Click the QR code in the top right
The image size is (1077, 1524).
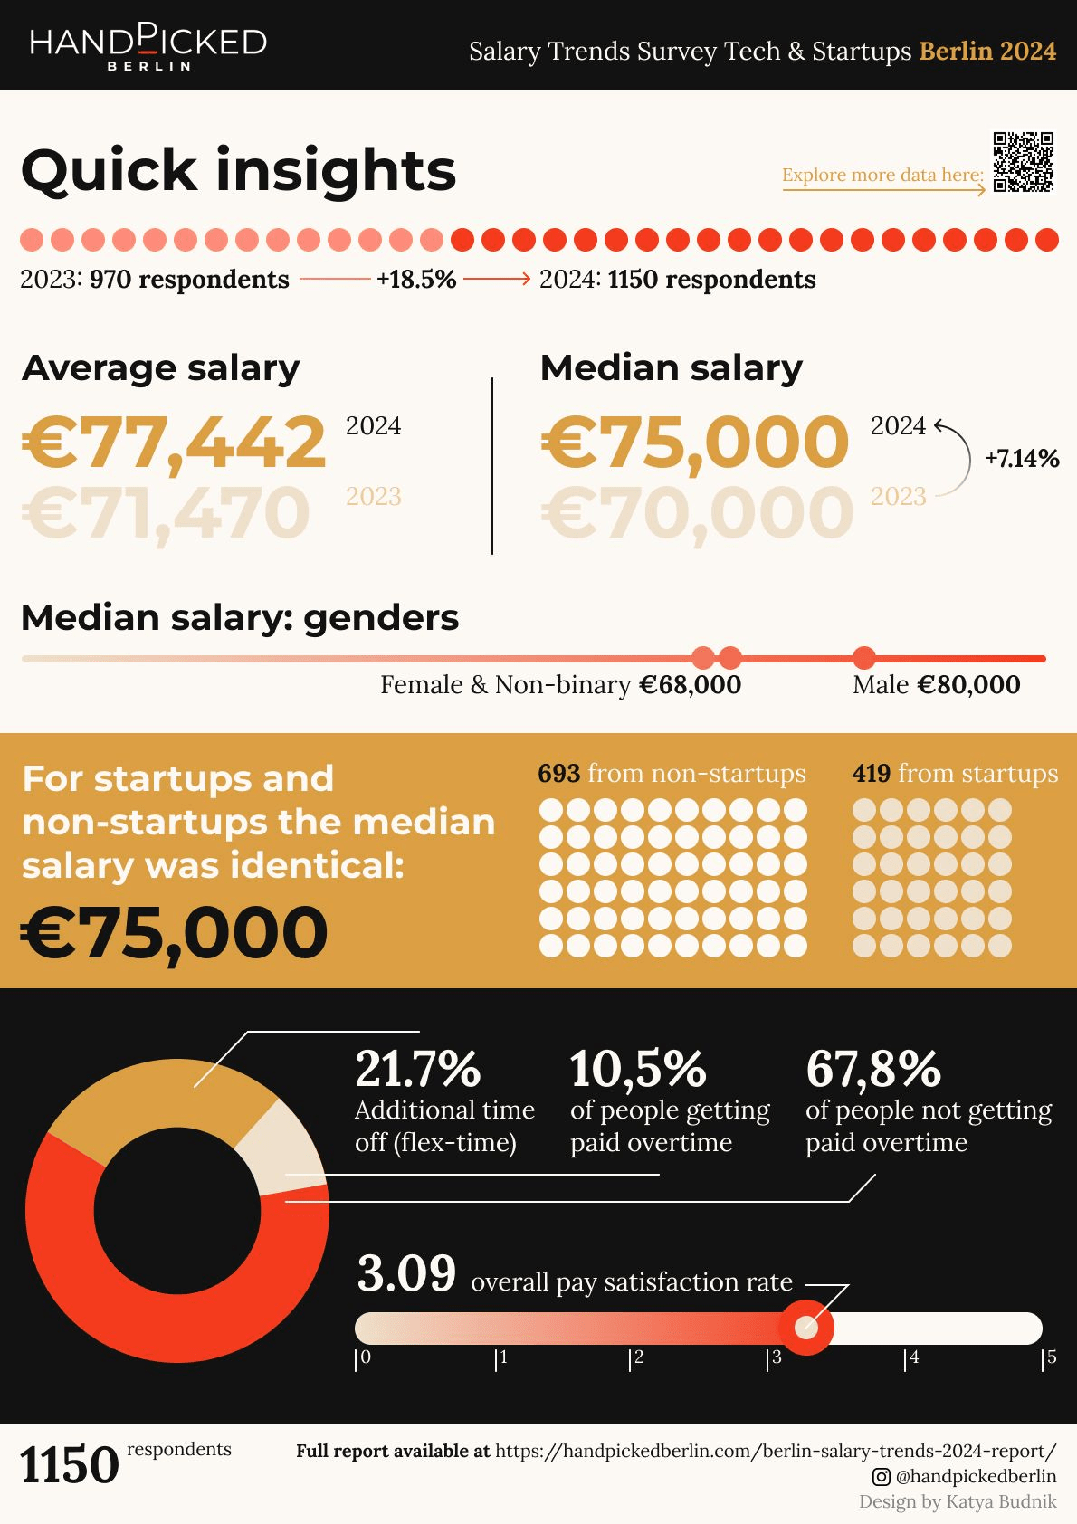point(1024,162)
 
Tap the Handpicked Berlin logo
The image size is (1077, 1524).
point(148,47)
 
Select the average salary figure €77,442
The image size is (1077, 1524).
point(174,443)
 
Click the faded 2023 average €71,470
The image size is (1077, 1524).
point(166,513)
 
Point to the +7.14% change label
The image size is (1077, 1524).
point(1022,459)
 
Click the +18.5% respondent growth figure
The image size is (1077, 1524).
point(416,280)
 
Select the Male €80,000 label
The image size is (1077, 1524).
point(936,685)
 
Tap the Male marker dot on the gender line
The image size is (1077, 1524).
point(864,658)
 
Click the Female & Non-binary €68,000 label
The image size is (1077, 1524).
point(560,685)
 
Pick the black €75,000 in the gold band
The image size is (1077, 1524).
point(174,933)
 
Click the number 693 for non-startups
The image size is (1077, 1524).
point(558,774)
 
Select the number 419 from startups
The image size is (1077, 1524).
point(871,774)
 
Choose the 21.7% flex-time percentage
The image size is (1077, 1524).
point(417,1069)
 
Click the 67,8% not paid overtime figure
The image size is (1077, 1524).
point(873,1069)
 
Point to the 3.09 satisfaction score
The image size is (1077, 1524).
point(406,1274)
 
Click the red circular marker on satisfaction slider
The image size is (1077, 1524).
point(805,1328)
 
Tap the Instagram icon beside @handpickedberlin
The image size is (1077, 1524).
point(881,1477)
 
